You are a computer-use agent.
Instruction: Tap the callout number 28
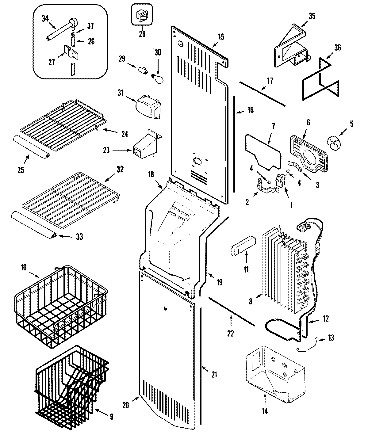click(x=142, y=34)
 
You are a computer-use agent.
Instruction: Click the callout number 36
click(x=337, y=48)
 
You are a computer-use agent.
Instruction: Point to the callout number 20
click(x=125, y=405)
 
